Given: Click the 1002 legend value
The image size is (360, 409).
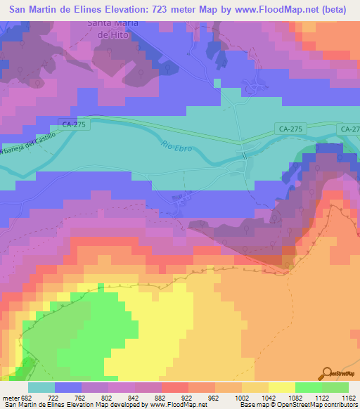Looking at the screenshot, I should pos(241,397).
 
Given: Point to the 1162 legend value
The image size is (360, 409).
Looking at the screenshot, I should pos(348,397).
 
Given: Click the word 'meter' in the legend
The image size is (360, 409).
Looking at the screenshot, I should pos(11,397).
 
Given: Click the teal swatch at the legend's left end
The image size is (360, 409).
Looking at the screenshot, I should pos(41,387).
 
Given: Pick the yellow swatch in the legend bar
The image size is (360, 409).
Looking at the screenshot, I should pos(281,387).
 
